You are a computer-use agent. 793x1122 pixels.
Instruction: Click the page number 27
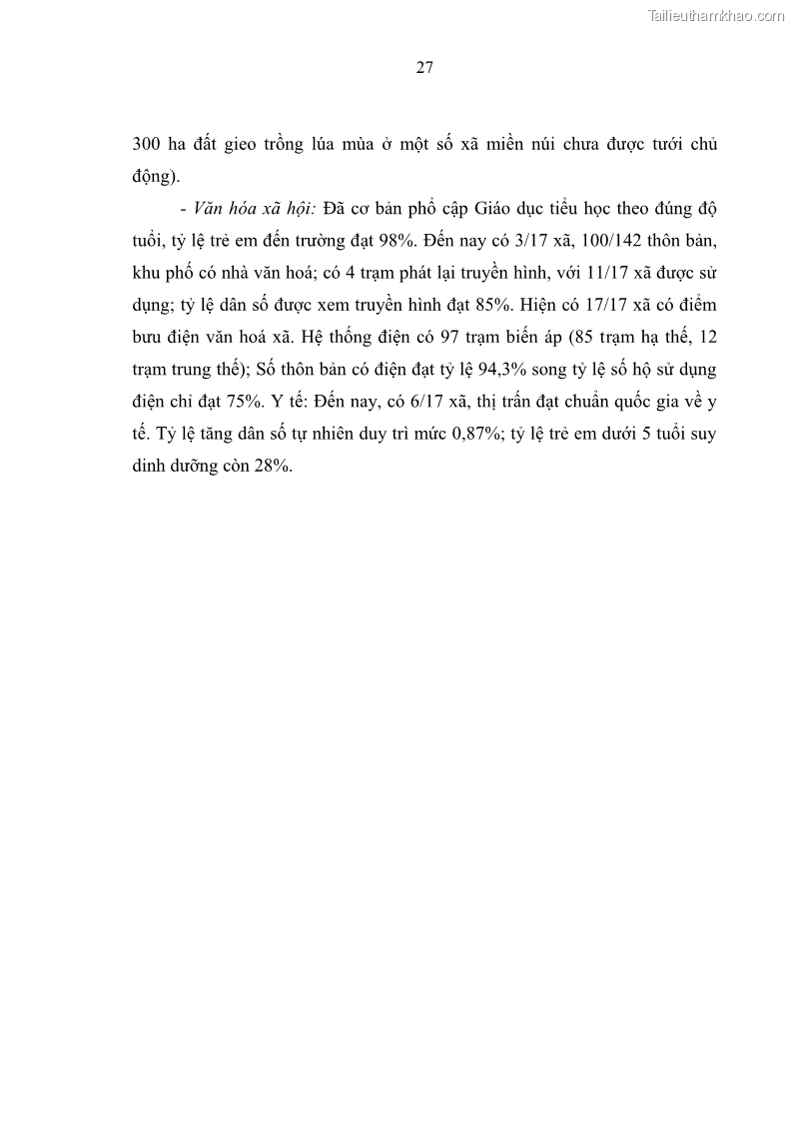point(422,68)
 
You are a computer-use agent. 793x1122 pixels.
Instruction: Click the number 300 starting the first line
point(147,143)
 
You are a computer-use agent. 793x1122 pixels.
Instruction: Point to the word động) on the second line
point(155,177)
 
